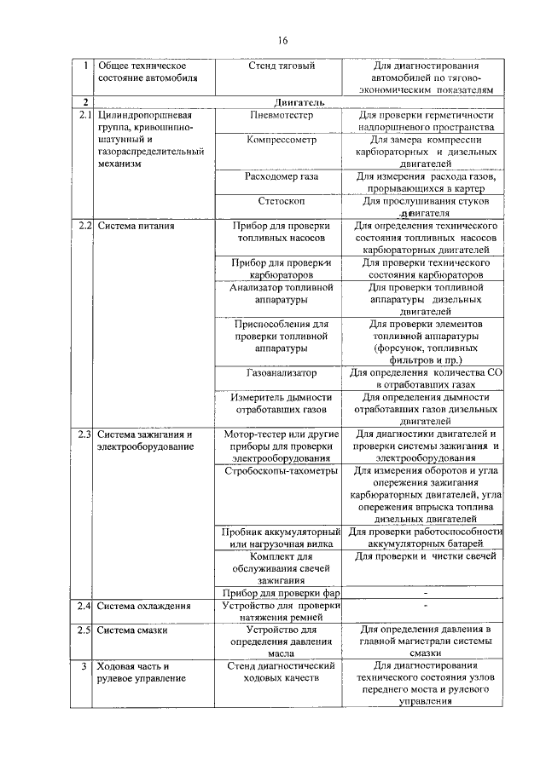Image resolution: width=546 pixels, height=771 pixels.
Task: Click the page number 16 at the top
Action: [x=283, y=40]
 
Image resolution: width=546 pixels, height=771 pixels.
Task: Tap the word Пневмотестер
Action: [x=282, y=114]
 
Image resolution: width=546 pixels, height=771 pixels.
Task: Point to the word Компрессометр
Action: [x=282, y=139]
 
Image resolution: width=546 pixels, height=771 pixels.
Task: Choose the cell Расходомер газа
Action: [x=282, y=176]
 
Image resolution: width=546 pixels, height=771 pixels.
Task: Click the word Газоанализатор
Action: [x=282, y=373]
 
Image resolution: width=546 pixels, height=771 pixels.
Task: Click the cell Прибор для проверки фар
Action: [x=282, y=593]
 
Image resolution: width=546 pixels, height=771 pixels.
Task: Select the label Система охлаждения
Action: [x=143, y=606]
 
